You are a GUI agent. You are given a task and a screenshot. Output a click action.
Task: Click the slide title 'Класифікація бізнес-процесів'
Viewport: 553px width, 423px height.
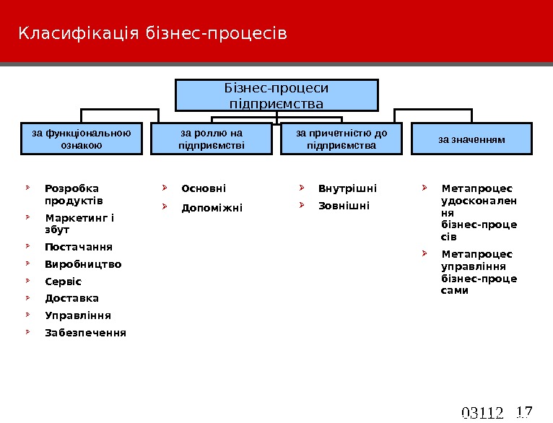pos(152,34)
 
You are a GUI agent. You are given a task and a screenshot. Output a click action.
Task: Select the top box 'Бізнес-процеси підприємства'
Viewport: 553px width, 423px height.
pos(277,95)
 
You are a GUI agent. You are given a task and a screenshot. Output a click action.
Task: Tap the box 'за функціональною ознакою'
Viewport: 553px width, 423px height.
pos(82,139)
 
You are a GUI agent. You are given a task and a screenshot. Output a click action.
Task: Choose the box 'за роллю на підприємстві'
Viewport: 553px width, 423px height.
pos(212,139)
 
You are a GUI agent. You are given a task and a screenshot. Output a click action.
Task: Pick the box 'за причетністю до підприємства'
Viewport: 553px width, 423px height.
pos(341,139)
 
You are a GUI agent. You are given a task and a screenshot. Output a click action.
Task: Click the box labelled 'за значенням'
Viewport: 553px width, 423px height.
pos(471,139)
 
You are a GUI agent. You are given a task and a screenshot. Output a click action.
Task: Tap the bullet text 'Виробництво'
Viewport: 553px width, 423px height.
pos(83,264)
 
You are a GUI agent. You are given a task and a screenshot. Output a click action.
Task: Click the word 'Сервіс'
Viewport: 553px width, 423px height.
pos(64,282)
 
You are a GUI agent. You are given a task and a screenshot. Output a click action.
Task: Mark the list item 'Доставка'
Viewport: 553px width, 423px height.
pos(71,298)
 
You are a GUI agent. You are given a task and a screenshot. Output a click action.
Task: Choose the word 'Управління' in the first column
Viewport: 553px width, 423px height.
pos(78,315)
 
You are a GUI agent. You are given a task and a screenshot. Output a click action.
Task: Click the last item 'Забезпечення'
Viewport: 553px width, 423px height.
pos(85,333)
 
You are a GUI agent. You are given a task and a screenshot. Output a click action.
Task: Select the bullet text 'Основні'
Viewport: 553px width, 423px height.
pos(204,189)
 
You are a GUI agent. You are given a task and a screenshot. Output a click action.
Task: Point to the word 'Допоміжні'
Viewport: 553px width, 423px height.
pos(212,208)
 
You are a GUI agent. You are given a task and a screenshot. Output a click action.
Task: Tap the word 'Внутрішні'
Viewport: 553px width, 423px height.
pos(347,189)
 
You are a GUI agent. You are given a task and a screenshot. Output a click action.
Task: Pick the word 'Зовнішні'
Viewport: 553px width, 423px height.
pos(344,206)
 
